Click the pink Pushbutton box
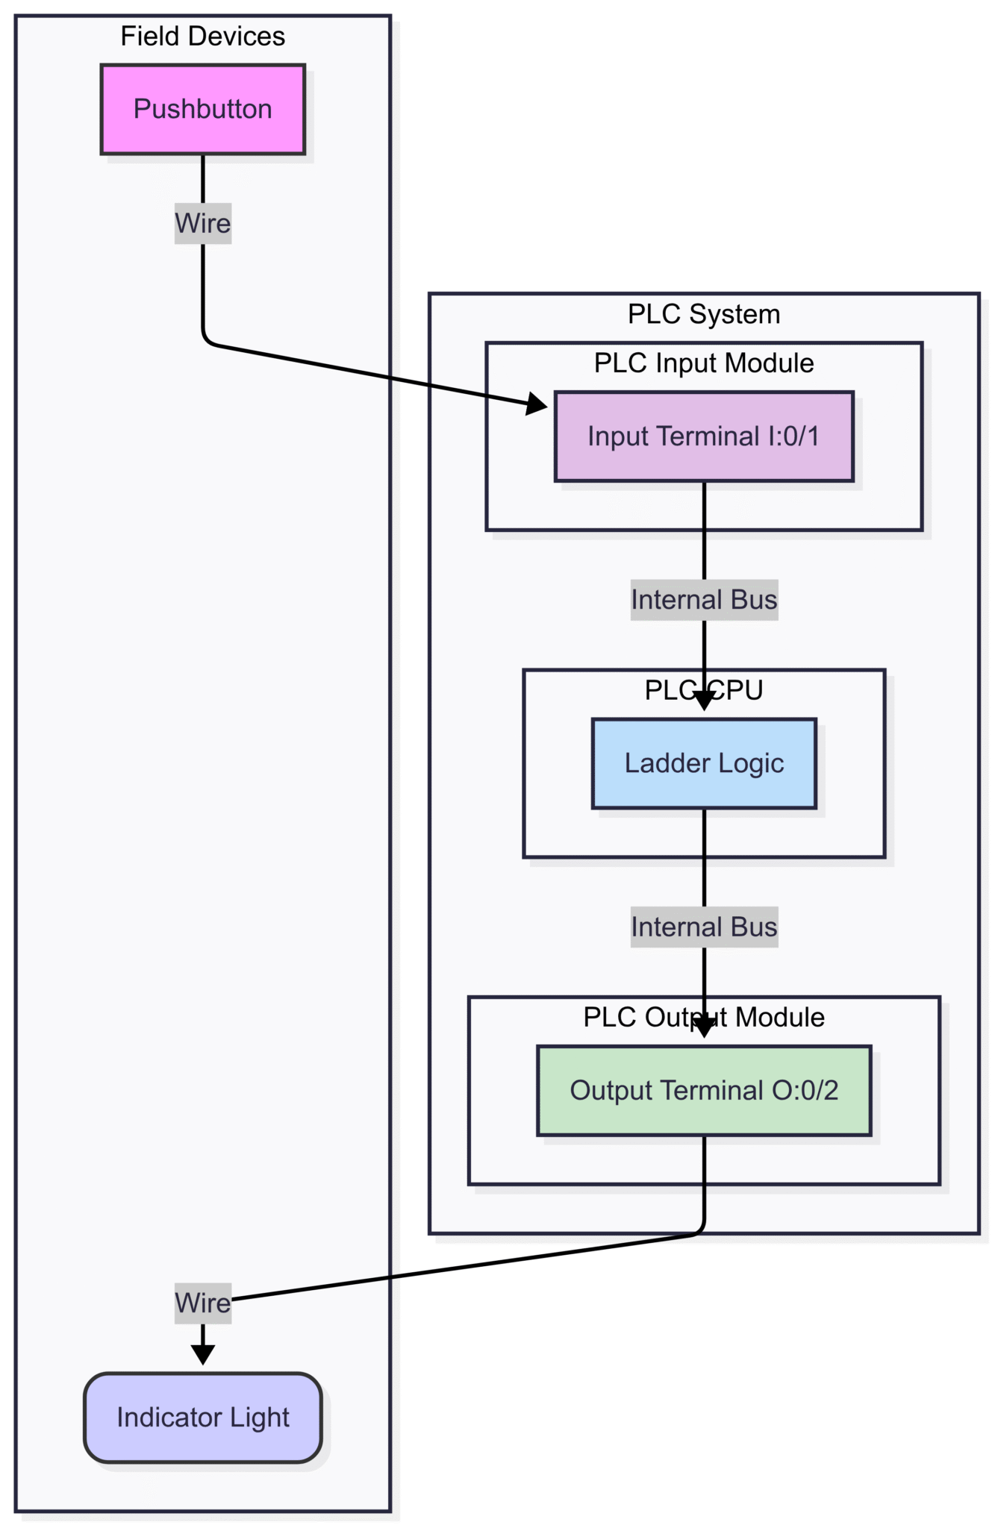point(202,110)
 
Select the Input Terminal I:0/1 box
point(703,436)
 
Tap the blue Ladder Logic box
point(703,763)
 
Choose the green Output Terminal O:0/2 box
point(703,1090)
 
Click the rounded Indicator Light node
point(202,1417)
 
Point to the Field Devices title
point(202,37)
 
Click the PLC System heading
point(703,314)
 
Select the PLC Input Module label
point(703,363)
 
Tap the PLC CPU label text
point(703,690)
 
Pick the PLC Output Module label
point(703,1017)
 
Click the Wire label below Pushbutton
point(202,223)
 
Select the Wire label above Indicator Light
point(202,1303)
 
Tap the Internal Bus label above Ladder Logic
point(703,600)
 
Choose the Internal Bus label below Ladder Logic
point(703,927)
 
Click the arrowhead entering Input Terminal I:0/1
point(537,404)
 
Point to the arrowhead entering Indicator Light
point(202,1353)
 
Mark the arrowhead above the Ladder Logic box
point(703,701)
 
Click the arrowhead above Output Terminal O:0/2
point(703,1027)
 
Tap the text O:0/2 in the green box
point(805,1090)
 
